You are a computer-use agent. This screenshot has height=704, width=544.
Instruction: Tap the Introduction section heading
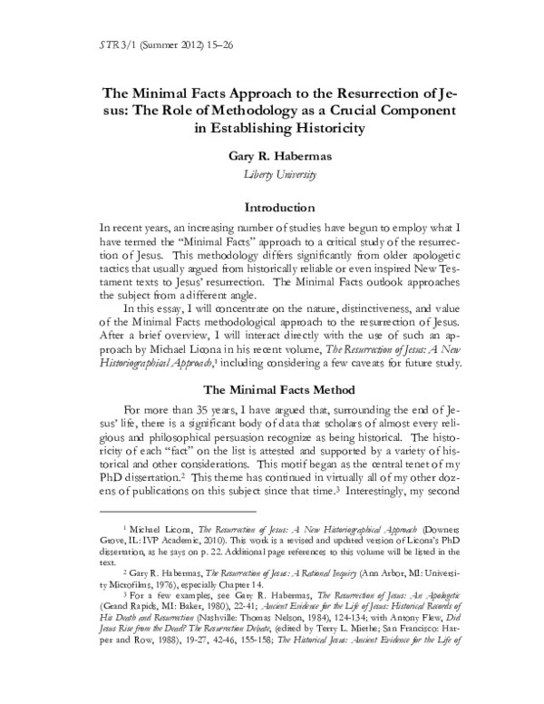[271, 207]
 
